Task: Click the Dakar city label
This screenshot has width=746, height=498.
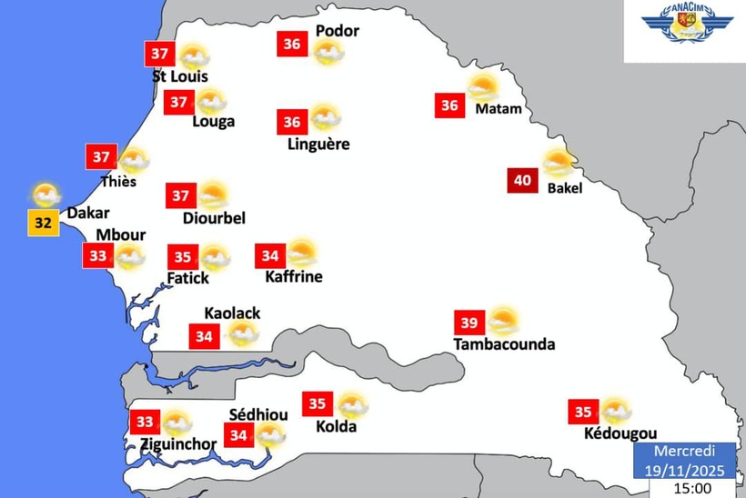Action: click(89, 214)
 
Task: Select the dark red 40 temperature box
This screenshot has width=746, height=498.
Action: click(522, 180)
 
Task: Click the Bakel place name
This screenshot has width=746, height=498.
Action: click(565, 189)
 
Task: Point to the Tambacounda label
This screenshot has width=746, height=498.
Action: click(504, 344)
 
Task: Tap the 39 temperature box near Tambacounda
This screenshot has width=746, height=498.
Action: click(469, 323)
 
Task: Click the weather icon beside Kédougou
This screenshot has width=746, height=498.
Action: click(616, 411)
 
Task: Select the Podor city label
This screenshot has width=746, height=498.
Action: click(337, 31)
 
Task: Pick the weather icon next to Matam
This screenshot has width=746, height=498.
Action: click(483, 89)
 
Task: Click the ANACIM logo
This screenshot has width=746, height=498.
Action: click(687, 27)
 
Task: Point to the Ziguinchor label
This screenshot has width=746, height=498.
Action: click(178, 444)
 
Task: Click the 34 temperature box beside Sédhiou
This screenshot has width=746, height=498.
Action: click(239, 435)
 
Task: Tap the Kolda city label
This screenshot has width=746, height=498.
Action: click(336, 426)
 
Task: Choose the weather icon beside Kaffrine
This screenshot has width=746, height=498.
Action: click(300, 254)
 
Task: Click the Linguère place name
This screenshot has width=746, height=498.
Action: click(318, 144)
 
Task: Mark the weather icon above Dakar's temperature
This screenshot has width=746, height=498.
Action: click(45, 194)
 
